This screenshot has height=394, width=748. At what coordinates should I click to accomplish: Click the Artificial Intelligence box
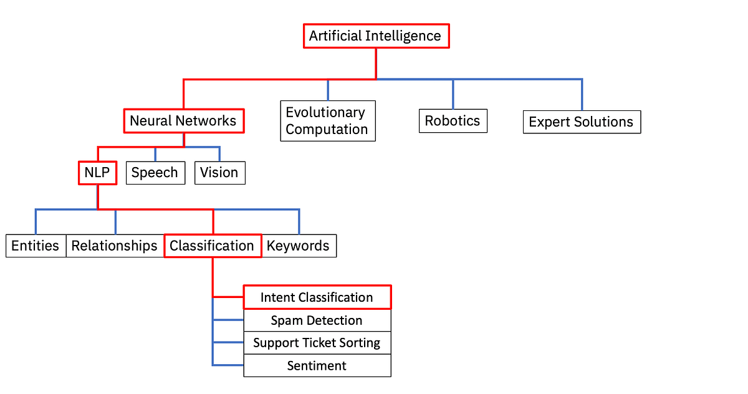(376, 36)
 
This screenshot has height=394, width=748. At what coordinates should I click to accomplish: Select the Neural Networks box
(183, 121)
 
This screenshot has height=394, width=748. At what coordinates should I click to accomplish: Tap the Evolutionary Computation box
(328, 121)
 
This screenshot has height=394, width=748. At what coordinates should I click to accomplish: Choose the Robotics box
(453, 121)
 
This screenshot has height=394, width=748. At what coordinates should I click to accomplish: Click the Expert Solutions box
(581, 122)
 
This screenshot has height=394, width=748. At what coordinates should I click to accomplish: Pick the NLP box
(97, 173)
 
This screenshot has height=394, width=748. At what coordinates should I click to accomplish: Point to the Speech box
(155, 173)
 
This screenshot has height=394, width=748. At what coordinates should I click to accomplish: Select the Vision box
(219, 173)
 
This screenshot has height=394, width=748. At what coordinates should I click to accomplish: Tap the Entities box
(36, 246)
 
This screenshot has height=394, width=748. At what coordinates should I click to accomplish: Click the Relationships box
(115, 246)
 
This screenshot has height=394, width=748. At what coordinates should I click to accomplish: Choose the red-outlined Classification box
(212, 246)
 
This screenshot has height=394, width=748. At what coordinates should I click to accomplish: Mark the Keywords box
(299, 246)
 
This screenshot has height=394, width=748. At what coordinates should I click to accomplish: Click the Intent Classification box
(317, 297)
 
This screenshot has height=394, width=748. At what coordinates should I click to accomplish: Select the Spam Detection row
(317, 320)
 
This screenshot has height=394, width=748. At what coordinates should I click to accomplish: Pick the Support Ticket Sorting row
(317, 343)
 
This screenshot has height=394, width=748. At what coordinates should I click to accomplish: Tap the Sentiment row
(317, 365)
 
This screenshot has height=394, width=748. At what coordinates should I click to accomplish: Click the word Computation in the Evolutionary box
(327, 130)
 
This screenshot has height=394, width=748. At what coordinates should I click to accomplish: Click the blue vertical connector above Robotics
(453, 94)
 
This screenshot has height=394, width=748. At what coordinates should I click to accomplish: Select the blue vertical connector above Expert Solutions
(582, 95)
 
